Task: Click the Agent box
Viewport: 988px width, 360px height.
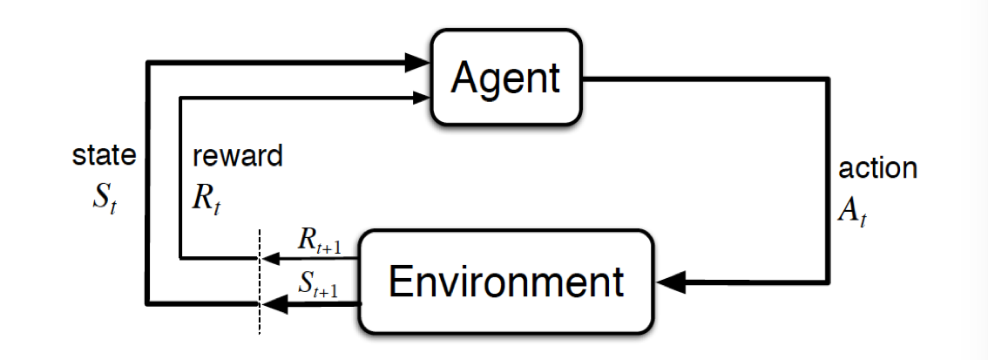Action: [505, 78]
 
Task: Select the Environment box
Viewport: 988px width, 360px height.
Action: [506, 282]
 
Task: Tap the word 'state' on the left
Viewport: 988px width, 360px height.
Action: [104, 156]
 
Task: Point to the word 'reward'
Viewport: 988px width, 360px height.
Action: [238, 156]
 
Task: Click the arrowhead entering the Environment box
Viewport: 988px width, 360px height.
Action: [673, 282]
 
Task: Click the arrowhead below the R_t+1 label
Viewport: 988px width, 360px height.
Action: [269, 258]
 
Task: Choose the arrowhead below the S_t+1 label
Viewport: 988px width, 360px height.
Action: [274, 303]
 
